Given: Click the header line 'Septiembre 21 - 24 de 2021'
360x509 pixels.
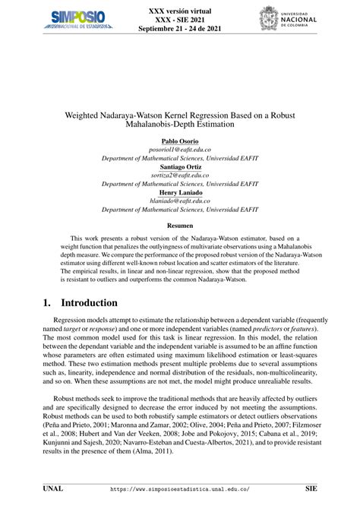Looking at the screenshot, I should pyautogui.click(x=179, y=30).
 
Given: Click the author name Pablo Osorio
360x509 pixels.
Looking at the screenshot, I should pyautogui.click(x=180, y=142).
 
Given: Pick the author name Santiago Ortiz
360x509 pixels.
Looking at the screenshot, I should pyautogui.click(x=180, y=167).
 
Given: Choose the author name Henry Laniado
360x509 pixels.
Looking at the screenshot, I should pyautogui.click(x=180, y=192).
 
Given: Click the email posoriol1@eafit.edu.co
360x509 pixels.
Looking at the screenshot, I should pyautogui.click(x=180, y=150).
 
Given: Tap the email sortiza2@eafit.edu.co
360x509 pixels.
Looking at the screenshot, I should pyautogui.click(x=180, y=175).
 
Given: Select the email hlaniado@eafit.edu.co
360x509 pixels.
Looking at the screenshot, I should pyautogui.click(x=180, y=201).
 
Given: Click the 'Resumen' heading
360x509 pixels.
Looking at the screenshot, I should pyautogui.click(x=180, y=226).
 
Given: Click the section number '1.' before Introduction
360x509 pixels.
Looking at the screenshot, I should pyautogui.click(x=47, y=302).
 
